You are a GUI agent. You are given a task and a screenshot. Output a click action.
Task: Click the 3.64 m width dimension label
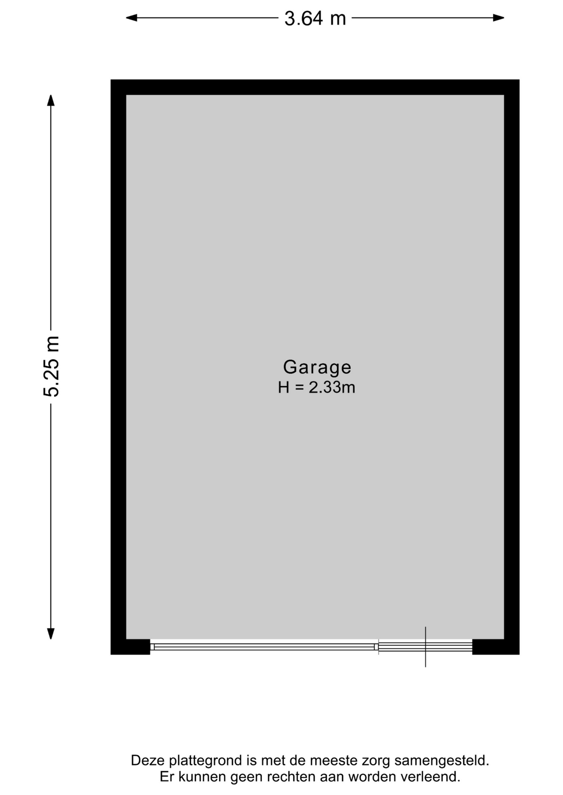[x=315, y=19]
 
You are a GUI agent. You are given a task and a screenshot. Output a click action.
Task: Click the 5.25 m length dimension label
[x=51, y=366]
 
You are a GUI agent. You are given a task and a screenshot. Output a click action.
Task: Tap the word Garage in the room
[x=317, y=367]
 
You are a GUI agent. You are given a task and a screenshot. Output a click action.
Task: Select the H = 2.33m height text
[x=316, y=388]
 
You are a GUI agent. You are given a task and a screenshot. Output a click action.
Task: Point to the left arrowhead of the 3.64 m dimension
[x=131, y=18]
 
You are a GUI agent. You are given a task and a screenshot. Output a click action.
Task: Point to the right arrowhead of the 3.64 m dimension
[x=499, y=18]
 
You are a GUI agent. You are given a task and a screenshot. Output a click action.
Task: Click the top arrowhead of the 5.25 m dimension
[x=51, y=100]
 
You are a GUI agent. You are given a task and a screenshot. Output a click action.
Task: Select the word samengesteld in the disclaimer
[x=442, y=761]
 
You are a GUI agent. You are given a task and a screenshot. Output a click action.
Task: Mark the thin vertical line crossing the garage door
[x=425, y=647]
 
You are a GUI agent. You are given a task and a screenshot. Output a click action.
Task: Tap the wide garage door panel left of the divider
[x=264, y=647]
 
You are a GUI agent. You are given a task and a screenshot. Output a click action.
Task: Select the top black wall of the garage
[x=315, y=87]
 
